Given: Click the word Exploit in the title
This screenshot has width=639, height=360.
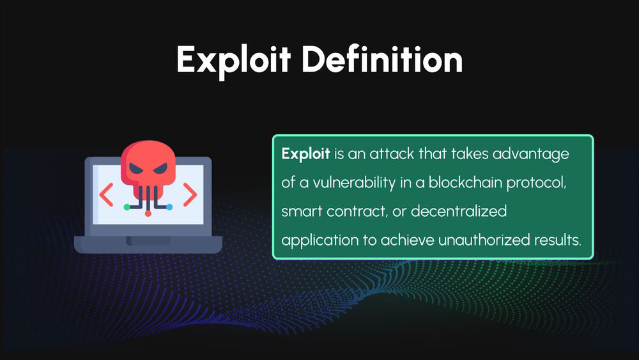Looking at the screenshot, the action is point(233,61).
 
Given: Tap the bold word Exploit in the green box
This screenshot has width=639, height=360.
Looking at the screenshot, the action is point(305,155).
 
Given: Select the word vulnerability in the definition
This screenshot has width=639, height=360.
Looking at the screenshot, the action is point(354,183).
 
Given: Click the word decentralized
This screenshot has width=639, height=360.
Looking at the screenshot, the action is point(459,211).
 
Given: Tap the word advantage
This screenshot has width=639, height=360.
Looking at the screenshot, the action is point(530,155).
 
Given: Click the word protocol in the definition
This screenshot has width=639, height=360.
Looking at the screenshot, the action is point(536,183).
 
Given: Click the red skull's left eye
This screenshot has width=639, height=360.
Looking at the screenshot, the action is point(136,168).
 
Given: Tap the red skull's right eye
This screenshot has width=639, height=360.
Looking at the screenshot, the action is point(160,168).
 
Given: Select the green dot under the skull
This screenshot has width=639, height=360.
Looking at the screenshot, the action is point(127,207).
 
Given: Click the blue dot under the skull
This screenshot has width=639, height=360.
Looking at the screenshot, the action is point(169,207).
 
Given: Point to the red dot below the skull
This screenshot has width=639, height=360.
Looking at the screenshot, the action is point(148,214).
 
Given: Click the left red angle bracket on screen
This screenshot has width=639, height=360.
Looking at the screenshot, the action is point(106,195).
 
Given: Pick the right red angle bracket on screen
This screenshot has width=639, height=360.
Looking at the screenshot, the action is point(190,195).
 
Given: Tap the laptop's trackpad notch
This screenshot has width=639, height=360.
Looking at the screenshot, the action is point(148,241).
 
